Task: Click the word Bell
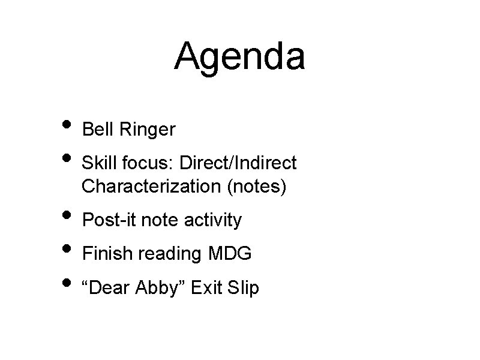point(95,129)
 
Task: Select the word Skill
point(98,163)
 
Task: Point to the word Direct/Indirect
point(238,163)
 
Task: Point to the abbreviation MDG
point(230,254)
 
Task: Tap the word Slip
point(243,289)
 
